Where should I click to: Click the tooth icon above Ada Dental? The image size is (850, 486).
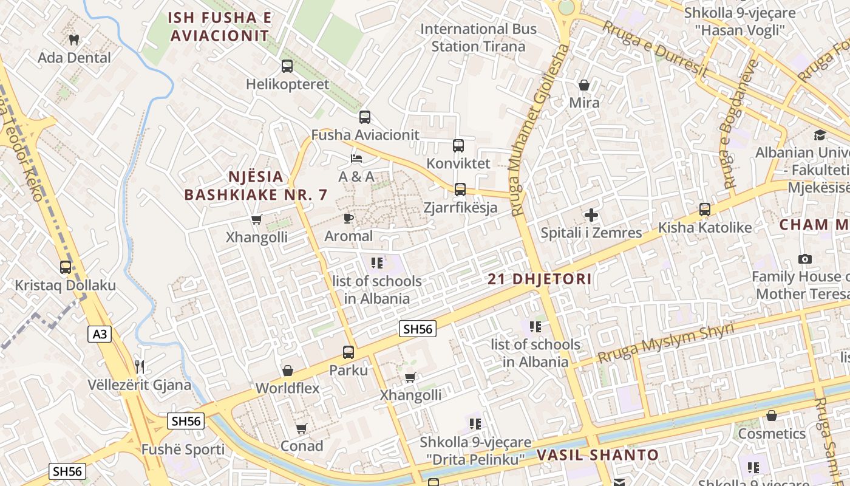pyautogui.click(x=75, y=40)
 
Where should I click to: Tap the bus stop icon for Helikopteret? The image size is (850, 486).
pyautogui.click(x=287, y=66)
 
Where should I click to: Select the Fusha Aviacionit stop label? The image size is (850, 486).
pyautogui.click(x=365, y=135)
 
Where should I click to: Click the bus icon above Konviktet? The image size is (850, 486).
pyautogui.click(x=458, y=146)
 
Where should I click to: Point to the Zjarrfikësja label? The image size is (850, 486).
pyautogui.click(x=460, y=207)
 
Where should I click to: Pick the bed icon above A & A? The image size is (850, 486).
pyautogui.click(x=356, y=159)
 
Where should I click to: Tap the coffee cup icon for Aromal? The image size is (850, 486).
pyautogui.click(x=348, y=218)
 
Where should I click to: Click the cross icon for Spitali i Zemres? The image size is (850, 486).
pyautogui.click(x=591, y=215)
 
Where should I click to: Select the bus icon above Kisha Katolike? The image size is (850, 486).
pyautogui.click(x=705, y=210)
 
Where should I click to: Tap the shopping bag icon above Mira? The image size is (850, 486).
pyautogui.click(x=584, y=85)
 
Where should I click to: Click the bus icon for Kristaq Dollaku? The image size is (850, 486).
pyautogui.click(x=65, y=267)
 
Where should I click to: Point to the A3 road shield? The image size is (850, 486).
pyautogui.click(x=99, y=334)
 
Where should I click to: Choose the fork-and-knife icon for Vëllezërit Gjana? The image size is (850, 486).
pyautogui.click(x=140, y=366)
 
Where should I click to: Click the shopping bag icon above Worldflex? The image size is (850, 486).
pyautogui.click(x=288, y=371)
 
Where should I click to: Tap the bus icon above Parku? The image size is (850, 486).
pyautogui.click(x=348, y=352)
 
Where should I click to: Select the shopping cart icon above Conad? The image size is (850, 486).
pyautogui.click(x=301, y=428)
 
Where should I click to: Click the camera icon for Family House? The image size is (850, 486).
pyautogui.click(x=805, y=259)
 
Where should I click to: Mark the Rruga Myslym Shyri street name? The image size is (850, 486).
pyautogui.click(x=665, y=343)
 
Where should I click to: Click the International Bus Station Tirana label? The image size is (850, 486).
pyautogui.click(x=478, y=37)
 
